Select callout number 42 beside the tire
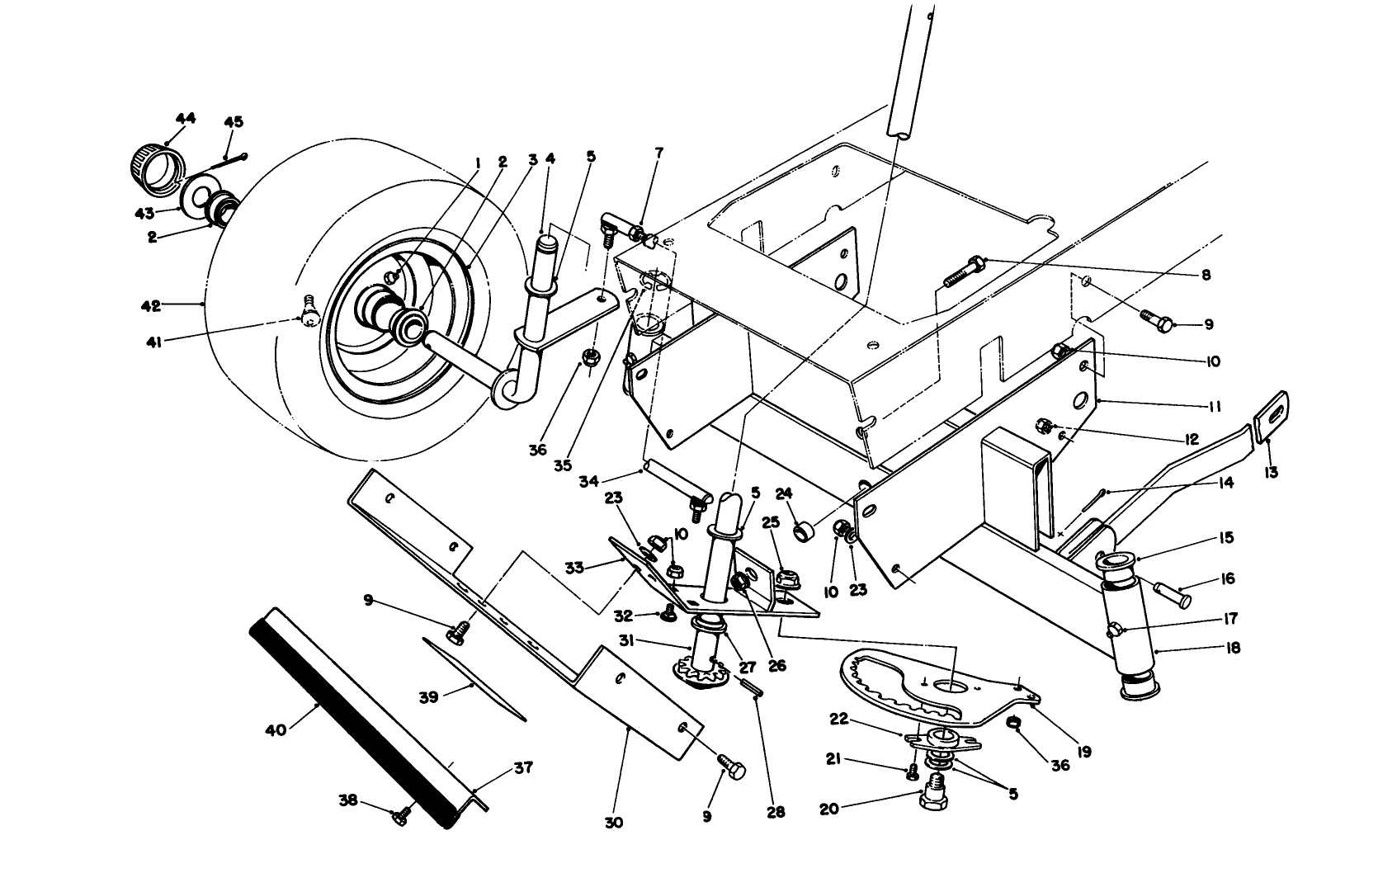[149, 305]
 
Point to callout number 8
[1206, 276]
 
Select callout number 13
[1271, 473]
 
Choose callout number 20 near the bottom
[828, 809]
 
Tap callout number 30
[613, 823]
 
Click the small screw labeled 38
[402, 817]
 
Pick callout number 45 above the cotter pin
[234, 122]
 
